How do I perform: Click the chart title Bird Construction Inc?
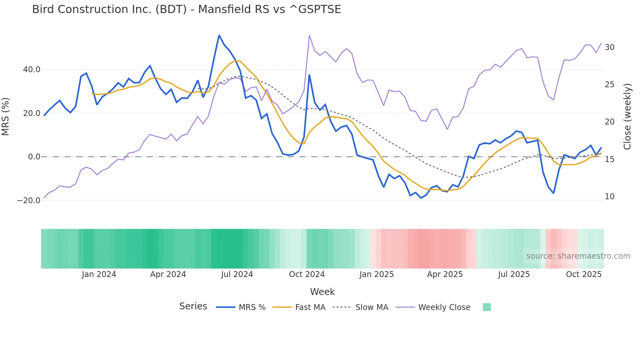[x=186, y=9]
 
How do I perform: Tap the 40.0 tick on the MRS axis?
[x=32, y=70]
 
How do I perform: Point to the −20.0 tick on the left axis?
[x=29, y=201]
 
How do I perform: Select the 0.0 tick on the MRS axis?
[x=34, y=157]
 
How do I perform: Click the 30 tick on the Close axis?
[x=609, y=47]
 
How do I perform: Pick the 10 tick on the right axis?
[x=609, y=197]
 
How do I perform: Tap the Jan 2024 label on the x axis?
[x=99, y=274]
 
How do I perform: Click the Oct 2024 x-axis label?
[x=307, y=274]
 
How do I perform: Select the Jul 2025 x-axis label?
[x=514, y=274]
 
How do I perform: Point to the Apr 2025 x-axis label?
[x=445, y=274]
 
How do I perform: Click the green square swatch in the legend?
[x=487, y=307]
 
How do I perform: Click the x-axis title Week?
[x=322, y=292]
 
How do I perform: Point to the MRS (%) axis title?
[x=6, y=117]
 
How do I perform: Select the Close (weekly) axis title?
[x=627, y=117]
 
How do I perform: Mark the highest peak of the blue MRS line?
[x=219, y=35]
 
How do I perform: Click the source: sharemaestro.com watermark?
[x=578, y=256]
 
